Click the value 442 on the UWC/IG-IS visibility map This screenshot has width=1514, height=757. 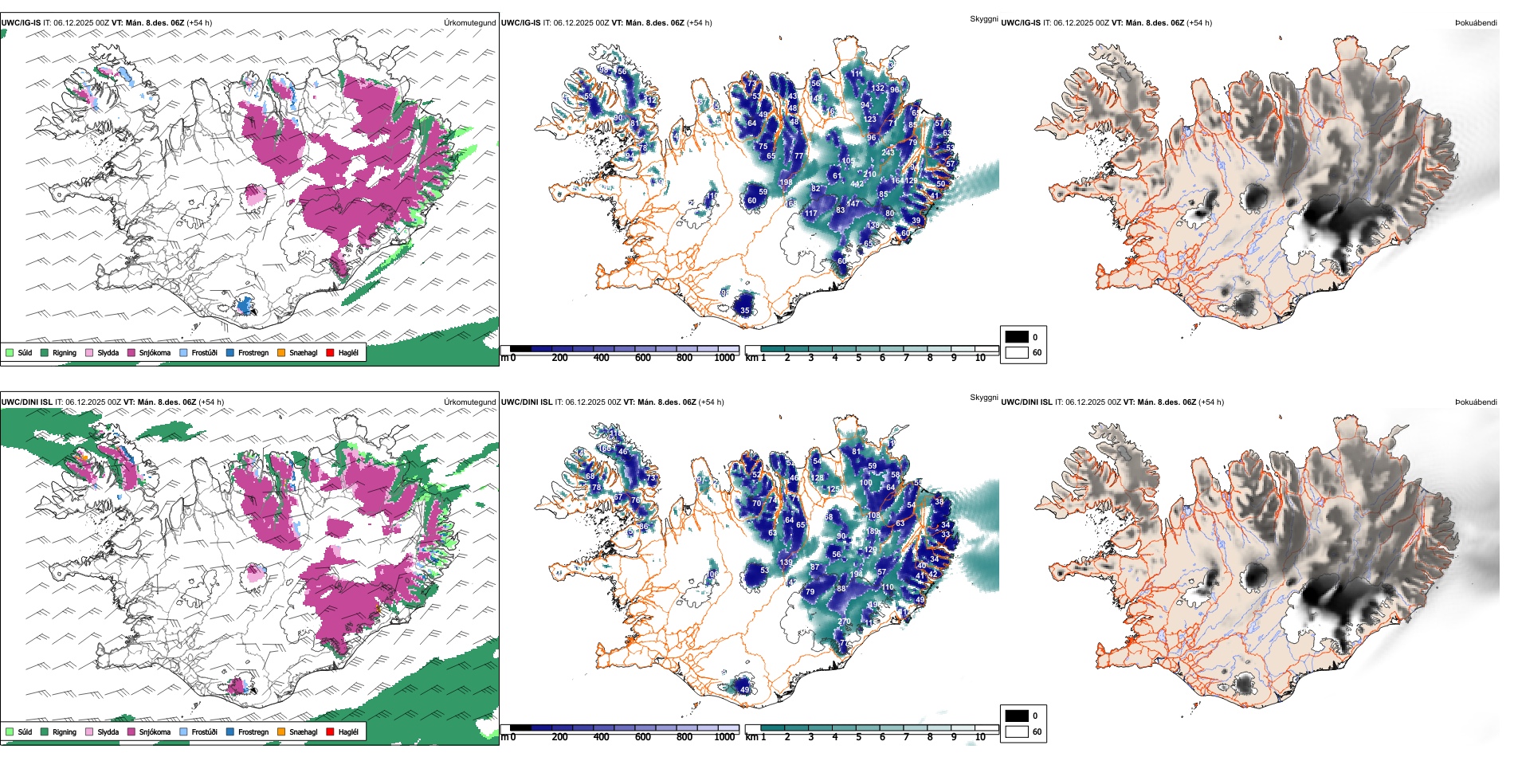pyautogui.click(x=857, y=184)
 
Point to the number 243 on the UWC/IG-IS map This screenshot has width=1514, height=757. pyautogui.click(x=888, y=152)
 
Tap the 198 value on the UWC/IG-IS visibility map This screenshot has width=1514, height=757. pyautogui.click(x=786, y=182)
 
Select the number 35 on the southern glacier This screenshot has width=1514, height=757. pyautogui.click(x=745, y=311)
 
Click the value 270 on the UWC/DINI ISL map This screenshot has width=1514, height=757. pyautogui.click(x=845, y=622)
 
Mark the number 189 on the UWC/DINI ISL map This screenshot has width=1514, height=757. pyautogui.click(x=873, y=531)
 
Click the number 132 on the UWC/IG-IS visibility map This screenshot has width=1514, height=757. pyautogui.click(x=877, y=88)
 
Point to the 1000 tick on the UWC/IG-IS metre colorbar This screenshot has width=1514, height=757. pyautogui.click(x=724, y=358)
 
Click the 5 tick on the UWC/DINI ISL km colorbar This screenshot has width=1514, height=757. pyautogui.click(x=858, y=737)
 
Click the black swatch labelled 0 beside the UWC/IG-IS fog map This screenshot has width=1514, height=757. pyautogui.click(x=1017, y=336)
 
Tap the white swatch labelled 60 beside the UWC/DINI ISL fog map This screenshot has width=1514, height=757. pyautogui.click(x=1017, y=732)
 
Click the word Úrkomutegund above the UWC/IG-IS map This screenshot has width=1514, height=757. pyautogui.click(x=469, y=23)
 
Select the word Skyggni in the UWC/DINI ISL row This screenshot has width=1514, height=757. pyautogui.click(x=983, y=398)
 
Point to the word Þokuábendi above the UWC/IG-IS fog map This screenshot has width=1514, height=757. pyautogui.click(x=1476, y=23)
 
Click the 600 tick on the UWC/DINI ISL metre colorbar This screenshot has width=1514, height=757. pyautogui.click(x=642, y=737)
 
